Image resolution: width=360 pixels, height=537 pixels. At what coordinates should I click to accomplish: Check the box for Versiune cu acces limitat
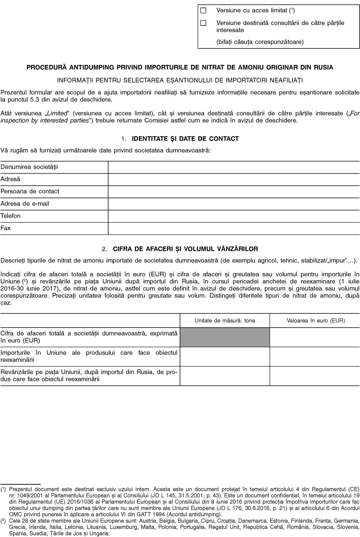click(x=203, y=11)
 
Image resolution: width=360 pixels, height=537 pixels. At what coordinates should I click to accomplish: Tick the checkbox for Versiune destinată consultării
click(x=203, y=23)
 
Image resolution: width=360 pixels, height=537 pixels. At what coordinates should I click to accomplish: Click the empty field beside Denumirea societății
click(x=234, y=167)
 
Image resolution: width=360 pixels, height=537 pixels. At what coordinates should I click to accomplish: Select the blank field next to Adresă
click(x=234, y=179)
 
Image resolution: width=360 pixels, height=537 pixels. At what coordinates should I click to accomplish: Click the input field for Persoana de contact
click(x=234, y=192)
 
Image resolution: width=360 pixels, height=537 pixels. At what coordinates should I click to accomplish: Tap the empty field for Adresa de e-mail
click(x=234, y=204)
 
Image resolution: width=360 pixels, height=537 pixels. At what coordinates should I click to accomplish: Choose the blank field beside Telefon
click(x=234, y=216)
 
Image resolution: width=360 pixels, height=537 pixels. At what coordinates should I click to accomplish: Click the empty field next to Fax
click(x=234, y=228)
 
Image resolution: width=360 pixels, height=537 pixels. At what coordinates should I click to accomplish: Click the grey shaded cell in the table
click(x=225, y=337)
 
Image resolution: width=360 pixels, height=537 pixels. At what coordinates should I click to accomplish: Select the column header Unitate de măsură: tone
click(x=225, y=321)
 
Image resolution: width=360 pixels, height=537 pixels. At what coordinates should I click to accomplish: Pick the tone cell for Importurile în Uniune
click(x=225, y=356)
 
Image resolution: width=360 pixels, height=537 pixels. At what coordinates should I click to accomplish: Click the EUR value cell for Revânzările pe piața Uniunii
click(x=315, y=376)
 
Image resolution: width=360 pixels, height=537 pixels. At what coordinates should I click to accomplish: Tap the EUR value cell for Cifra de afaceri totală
click(x=315, y=337)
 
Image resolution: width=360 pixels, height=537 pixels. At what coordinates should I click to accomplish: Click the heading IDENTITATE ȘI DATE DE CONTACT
click(x=185, y=139)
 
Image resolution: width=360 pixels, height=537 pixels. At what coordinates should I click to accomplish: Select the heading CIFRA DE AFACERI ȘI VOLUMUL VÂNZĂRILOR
click(x=185, y=249)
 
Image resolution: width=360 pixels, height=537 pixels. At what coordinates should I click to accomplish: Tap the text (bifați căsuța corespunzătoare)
click(x=260, y=42)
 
